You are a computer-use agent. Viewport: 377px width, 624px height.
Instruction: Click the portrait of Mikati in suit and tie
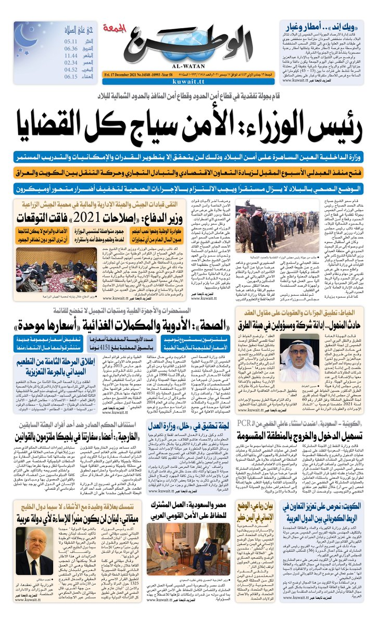pyautogui.click(x=34, y=553)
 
